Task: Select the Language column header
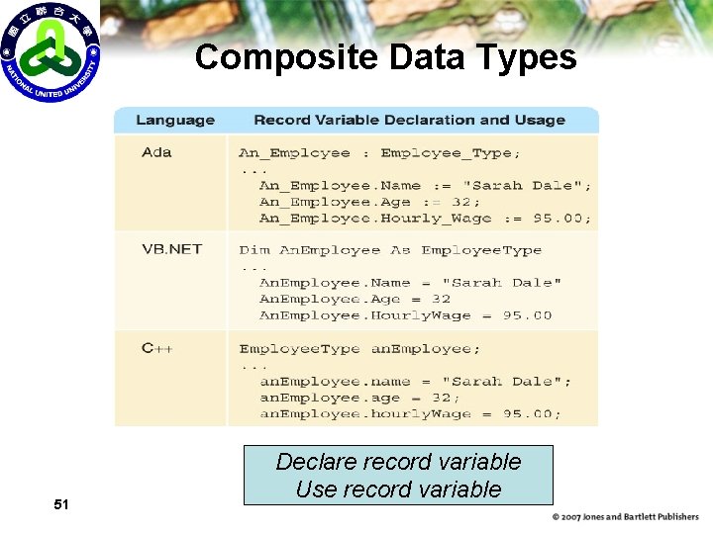click(x=174, y=121)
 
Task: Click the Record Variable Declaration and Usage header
click(x=409, y=121)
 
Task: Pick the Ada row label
click(x=156, y=152)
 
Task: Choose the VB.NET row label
click(x=171, y=249)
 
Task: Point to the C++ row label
click(x=156, y=348)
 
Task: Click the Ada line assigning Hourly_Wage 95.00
click(x=425, y=218)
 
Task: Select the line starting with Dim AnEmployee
click(x=390, y=250)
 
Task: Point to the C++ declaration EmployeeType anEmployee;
click(x=359, y=349)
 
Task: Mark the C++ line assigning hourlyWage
click(x=410, y=413)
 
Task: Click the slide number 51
click(x=61, y=505)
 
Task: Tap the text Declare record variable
click(x=398, y=462)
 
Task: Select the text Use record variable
click(x=398, y=489)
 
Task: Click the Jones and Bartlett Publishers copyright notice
click(x=625, y=517)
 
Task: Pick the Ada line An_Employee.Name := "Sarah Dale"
click(x=425, y=185)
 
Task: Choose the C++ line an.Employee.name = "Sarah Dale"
click(x=415, y=382)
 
